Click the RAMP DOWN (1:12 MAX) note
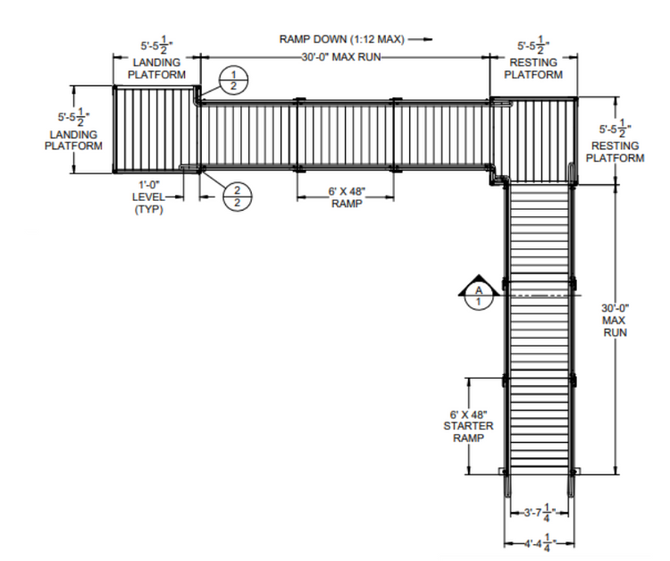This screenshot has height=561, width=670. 341,39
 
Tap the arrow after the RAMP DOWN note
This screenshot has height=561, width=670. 420,39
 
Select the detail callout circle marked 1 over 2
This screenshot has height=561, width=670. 233,80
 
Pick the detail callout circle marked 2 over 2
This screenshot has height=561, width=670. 238,197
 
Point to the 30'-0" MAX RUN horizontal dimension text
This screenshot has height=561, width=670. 341,57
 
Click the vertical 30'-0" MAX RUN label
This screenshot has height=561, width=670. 615,320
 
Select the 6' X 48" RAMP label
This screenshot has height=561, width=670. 347,197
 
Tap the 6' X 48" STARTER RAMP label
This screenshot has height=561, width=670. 468,426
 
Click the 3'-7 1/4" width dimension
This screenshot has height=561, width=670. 540,512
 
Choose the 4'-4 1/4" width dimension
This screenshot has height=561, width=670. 540,543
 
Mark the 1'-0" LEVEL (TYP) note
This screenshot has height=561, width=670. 148,197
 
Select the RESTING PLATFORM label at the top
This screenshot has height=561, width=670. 533,69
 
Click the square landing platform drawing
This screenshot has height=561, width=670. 157,129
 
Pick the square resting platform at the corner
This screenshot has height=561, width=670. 533,140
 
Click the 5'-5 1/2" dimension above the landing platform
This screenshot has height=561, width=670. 157,47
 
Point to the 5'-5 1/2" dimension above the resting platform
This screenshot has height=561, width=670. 533,46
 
